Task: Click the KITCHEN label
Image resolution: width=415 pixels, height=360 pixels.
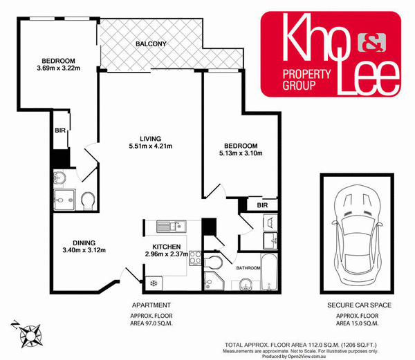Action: point(167,246)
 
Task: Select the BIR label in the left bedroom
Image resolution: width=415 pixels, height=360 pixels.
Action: point(59,129)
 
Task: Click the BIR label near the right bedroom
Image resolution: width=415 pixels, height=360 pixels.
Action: point(261,205)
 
